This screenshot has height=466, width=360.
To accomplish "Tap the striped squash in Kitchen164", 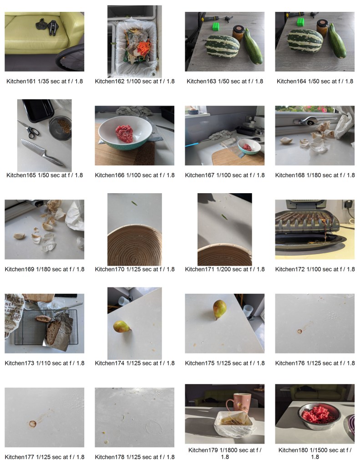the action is tap(305, 41).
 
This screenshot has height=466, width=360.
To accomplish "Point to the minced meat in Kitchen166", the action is tap(124, 133).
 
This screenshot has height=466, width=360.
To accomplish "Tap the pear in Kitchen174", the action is tap(122, 327).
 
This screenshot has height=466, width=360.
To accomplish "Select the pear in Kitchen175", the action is tap(219, 309).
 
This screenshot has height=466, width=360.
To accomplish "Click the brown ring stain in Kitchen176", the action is tap(299, 331).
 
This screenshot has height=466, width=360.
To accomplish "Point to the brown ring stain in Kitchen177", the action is tap(32, 424).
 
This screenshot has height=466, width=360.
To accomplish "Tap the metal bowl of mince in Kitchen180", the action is tap(319, 416).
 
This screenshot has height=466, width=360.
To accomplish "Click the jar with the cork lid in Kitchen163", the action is tap(238, 33).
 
